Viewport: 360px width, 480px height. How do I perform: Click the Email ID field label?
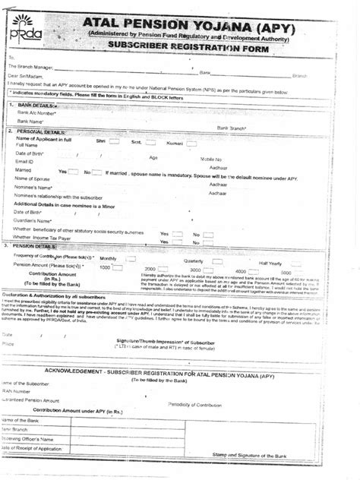click(x=25, y=161)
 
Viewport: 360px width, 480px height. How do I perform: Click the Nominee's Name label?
click(x=34, y=186)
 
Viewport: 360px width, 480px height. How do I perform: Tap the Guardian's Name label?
click(x=35, y=219)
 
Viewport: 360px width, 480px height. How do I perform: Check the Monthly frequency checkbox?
click(x=130, y=258)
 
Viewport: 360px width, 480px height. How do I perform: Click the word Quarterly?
click(x=196, y=261)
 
